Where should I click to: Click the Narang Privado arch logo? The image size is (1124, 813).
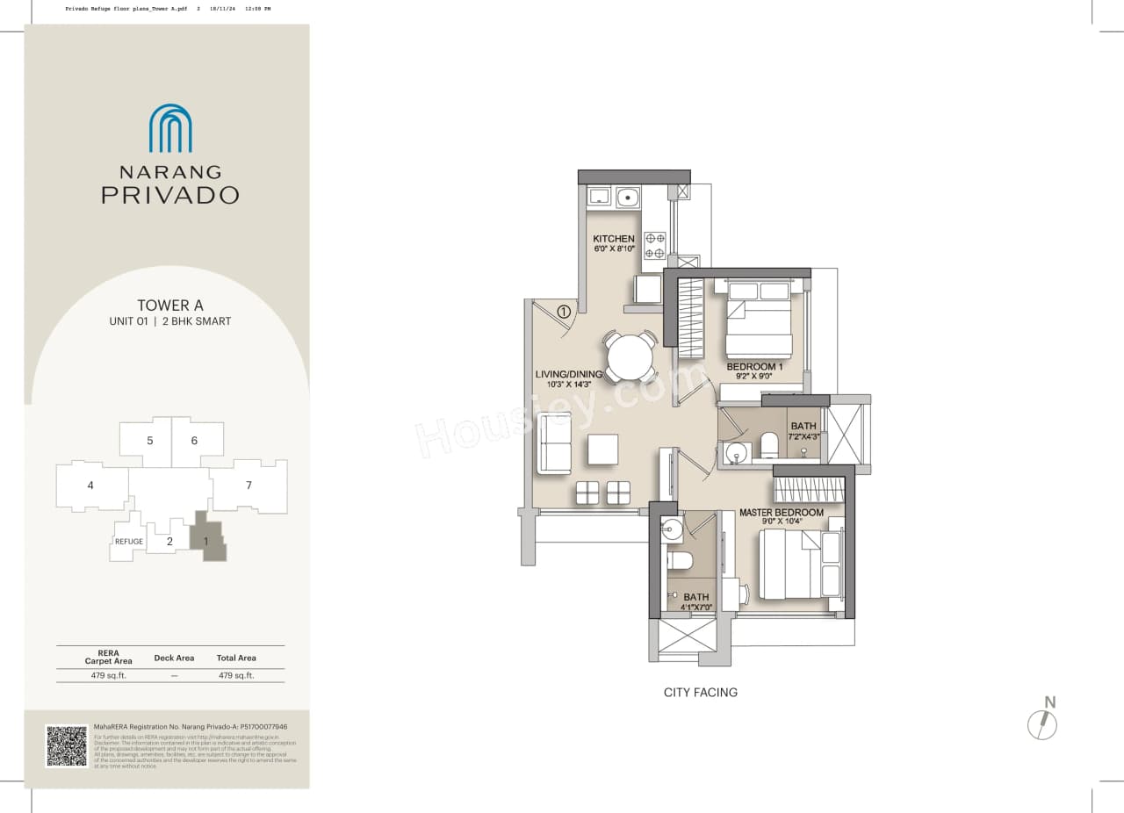(170, 128)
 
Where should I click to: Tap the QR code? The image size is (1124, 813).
(67, 746)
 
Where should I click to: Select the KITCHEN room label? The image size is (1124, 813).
(613, 239)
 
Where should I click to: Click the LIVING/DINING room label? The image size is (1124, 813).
(568, 374)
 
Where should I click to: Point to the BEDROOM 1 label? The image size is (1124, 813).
(754, 366)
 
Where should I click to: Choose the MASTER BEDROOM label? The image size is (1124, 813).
(781, 513)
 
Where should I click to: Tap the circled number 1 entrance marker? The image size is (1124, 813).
(564, 310)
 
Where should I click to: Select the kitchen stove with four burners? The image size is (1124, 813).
(655, 246)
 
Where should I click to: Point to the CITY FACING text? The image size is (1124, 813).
(700, 693)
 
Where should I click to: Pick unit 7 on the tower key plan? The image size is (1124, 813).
(249, 486)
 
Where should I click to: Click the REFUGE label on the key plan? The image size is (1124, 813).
(128, 542)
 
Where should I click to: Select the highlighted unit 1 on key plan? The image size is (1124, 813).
(207, 540)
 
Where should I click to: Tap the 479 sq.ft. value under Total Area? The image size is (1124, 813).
(236, 676)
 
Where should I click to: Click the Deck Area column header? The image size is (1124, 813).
(174, 658)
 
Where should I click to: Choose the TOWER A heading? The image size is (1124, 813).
(170, 306)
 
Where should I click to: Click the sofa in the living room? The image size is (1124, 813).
(555, 444)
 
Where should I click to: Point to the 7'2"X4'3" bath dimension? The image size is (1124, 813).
(803, 436)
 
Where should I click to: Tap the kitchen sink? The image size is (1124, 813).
(628, 198)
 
